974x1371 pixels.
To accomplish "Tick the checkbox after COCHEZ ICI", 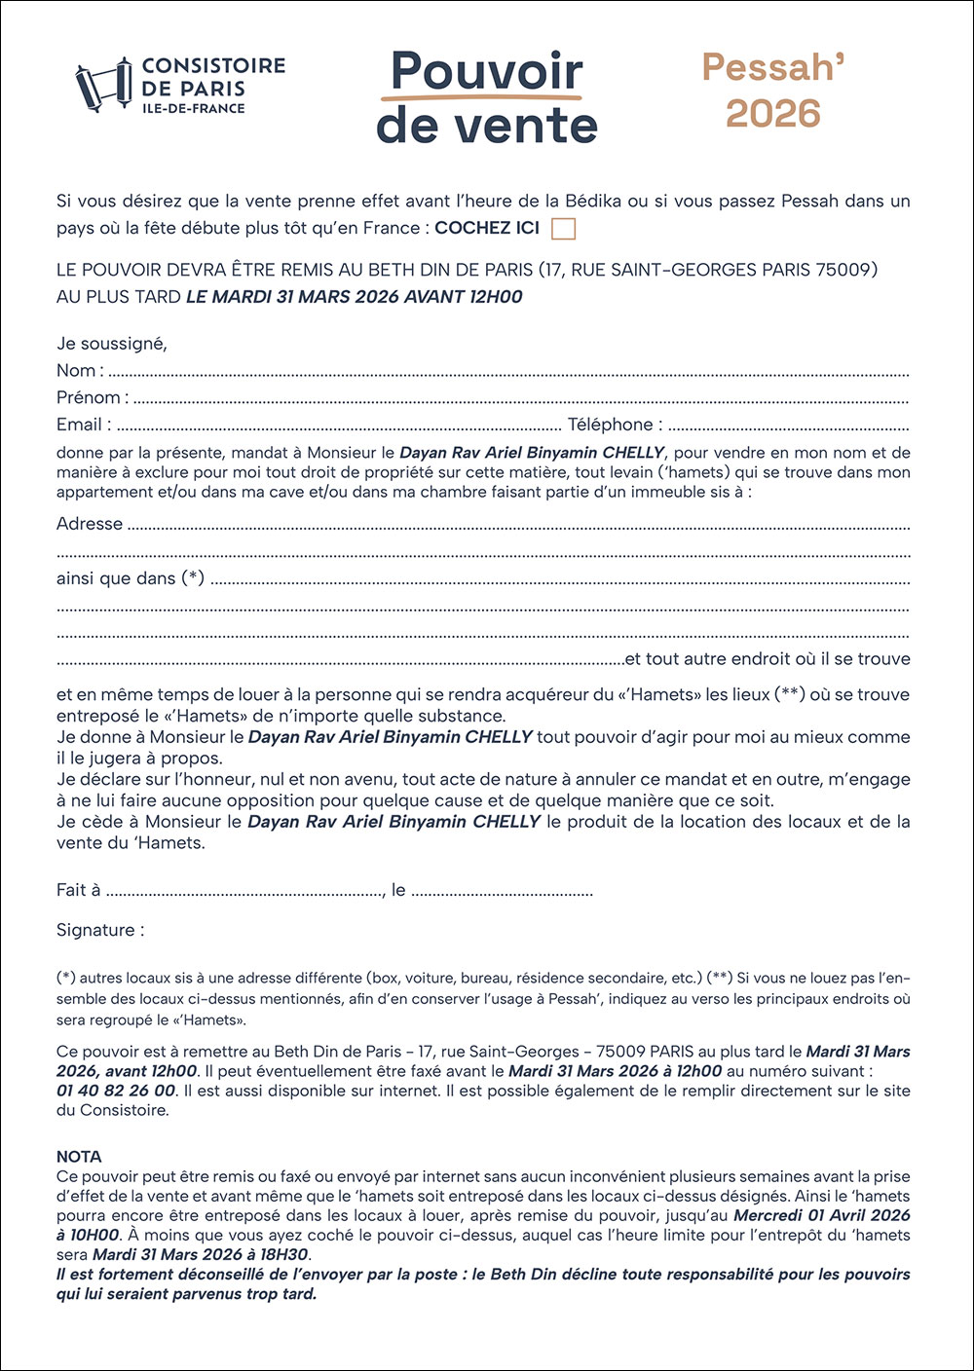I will coord(563,229).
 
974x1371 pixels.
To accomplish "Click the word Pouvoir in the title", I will coord(486,72).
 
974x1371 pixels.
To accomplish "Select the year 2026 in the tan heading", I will coord(773,114).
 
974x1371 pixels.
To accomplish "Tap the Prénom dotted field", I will coord(521,399).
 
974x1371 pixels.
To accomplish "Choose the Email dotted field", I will coord(339,426).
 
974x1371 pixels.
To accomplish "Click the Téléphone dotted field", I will coord(788,426).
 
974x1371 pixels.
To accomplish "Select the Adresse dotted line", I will coord(518,526).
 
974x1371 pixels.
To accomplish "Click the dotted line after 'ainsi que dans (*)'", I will coord(560,580).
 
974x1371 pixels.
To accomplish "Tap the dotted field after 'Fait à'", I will coord(245,892).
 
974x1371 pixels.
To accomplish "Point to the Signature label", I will coord(100,930).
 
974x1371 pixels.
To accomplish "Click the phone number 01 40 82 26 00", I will coord(116,1091).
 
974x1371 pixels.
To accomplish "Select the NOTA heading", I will coord(79,1157).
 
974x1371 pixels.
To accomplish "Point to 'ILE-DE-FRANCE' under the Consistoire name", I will coord(194,108).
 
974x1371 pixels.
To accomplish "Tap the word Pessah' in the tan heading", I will coord(773,67).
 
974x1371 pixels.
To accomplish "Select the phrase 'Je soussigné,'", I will coord(112,344).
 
